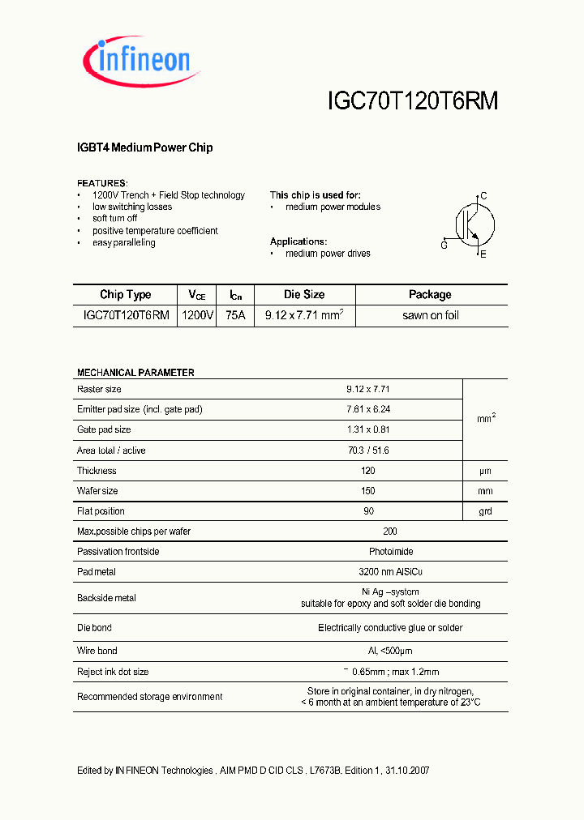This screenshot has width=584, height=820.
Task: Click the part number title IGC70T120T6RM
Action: point(412,100)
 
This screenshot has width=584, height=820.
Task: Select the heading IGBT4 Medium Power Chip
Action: point(144,147)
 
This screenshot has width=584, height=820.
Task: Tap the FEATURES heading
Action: point(102,183)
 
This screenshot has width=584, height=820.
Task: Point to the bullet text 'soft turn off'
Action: point(114,219)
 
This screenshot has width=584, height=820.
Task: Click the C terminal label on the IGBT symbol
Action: point(483,196)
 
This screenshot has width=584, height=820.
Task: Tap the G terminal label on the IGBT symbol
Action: point(444,245)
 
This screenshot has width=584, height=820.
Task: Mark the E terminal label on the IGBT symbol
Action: point(483,254)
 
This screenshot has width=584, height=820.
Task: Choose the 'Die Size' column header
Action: point(304,295)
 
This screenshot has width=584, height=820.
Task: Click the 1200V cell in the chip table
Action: point(197,315)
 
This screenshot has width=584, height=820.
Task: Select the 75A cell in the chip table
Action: point(236,315)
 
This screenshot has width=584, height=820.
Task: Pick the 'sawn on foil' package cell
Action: point(430,315)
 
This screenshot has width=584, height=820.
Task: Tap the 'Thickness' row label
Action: point(97,471)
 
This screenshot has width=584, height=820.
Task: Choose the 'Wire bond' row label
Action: point(97,651)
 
